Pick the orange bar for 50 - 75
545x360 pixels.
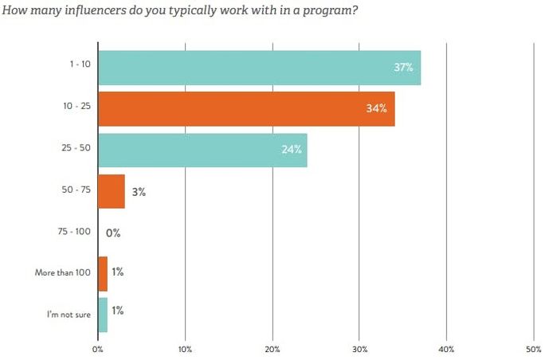[111, 191]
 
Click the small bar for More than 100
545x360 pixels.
[102, 273]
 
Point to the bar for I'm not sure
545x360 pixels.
[102, 315]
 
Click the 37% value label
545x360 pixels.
[403, 67]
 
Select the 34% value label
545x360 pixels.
[377, 109]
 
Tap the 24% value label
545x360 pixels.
[291, 151]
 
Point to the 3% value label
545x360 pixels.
[139, 192]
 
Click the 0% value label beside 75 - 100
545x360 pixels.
[112, 233]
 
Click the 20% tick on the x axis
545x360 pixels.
[272, 347]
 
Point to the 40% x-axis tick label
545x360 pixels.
[446, 347]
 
